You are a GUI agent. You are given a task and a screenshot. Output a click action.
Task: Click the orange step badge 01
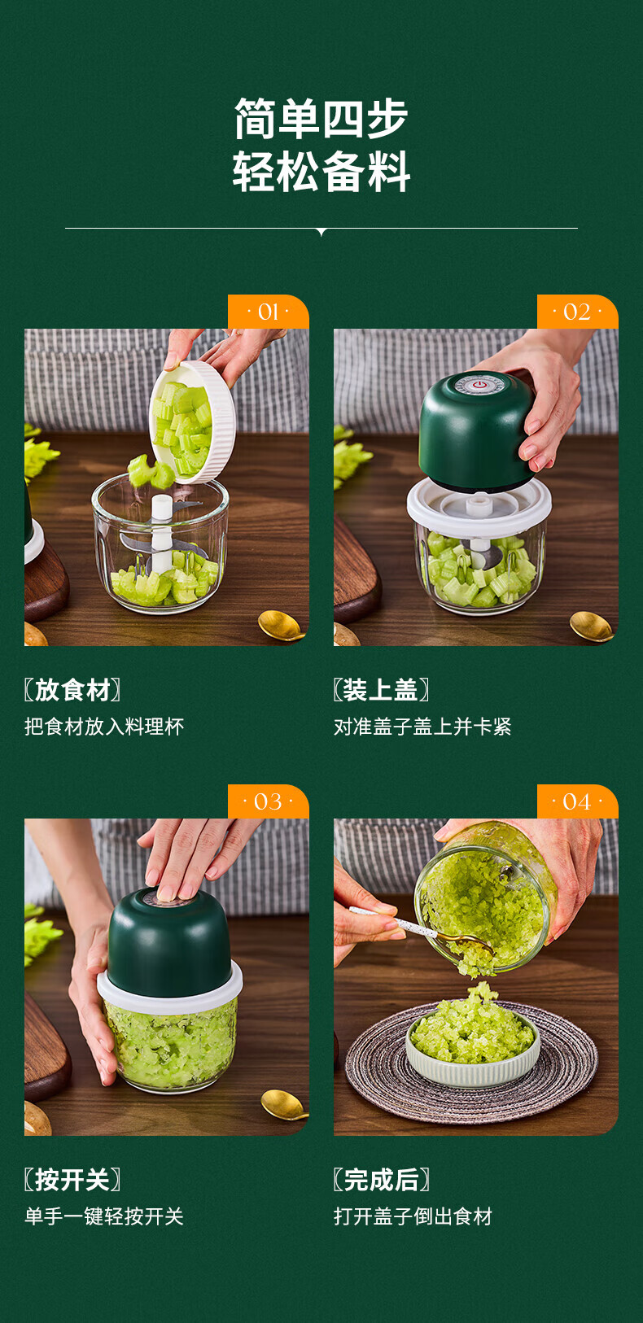[x=269, y=312]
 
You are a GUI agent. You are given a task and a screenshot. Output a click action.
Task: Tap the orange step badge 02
[x=577, y=312]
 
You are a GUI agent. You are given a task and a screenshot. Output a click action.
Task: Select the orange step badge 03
[x=269, y=801]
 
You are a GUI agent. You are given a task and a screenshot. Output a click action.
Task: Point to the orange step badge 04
[x=577, y=801]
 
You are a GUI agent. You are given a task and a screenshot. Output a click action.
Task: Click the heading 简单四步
[x=321, y=119]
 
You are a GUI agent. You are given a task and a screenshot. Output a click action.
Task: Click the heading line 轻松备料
[x=321, y=172]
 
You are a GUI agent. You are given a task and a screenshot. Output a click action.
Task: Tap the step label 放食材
[x=72, y=690]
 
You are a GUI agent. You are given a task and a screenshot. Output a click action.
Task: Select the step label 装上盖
[x=381, y=690]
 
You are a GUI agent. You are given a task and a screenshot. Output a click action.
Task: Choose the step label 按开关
[x=72, y=1180]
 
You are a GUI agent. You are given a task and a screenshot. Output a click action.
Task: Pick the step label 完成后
[x=381, y=1180]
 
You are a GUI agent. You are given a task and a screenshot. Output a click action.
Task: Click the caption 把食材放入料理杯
[x=104, y=727]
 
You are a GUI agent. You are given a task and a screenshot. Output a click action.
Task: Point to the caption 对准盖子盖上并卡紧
[x=422, y=727]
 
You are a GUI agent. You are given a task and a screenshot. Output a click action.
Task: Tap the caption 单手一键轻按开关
[x=104, y=1216]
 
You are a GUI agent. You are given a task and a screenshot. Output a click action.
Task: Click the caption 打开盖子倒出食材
[x=413, y=1216]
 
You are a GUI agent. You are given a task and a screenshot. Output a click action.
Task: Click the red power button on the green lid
[x=480, y=385]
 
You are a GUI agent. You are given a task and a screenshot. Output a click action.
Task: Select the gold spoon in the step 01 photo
[x=282, y=626]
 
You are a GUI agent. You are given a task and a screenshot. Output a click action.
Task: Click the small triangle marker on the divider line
[x=321, y=232]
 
